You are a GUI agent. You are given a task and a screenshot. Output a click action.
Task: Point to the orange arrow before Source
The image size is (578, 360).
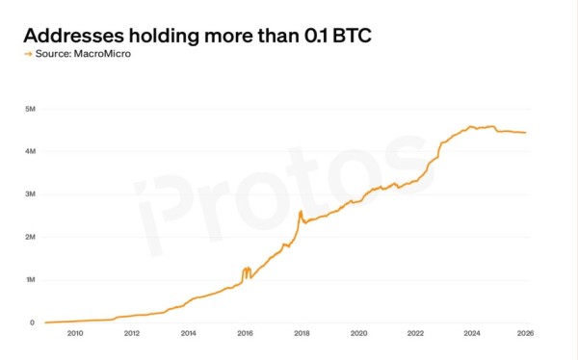point(28,54)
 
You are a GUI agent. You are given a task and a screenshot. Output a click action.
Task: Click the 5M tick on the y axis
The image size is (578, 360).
point(30,109)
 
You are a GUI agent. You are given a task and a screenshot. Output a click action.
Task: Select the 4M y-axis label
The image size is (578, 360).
point(30,151)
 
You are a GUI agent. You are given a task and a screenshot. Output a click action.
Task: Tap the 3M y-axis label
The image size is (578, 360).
point(30,193)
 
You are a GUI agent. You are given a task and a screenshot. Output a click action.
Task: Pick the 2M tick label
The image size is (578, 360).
point(30,237)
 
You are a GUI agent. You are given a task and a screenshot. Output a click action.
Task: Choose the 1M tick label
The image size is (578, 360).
point(30,279)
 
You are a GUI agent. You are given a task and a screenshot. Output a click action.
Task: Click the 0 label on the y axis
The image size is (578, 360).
point(32,322)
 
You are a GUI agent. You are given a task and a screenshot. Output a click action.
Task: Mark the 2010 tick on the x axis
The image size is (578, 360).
point(75,334)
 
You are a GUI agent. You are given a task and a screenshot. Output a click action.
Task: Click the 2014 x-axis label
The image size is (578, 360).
point(188,334)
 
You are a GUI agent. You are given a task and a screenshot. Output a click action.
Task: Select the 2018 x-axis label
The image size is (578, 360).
point(302,334)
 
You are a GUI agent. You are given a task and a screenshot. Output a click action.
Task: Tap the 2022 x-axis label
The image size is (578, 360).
point(415,334)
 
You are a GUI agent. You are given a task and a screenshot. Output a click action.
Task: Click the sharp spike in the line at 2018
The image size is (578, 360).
point(302,211)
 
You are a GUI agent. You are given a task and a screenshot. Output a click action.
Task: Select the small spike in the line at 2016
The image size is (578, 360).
point(248,269)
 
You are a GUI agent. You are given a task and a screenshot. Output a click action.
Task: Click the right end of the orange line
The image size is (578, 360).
point(525,133)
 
